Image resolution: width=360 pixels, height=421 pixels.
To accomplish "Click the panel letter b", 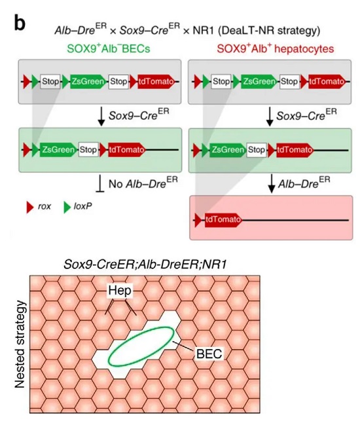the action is point(20,24).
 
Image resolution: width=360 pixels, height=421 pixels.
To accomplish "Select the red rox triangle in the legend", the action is point(30,207).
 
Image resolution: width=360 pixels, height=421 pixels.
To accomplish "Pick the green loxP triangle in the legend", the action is point(67,207).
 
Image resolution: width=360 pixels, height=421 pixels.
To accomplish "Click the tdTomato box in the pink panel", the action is point(223,220).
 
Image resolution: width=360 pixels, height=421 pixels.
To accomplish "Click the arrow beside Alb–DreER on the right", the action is point(272,183).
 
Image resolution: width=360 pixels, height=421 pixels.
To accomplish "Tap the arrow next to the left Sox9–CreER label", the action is point(101,117).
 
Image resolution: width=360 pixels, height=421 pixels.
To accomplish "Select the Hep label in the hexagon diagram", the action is point(120,291).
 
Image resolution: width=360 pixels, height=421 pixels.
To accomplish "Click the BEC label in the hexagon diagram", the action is point(209,354).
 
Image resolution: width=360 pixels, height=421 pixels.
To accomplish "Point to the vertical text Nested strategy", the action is point(20,344).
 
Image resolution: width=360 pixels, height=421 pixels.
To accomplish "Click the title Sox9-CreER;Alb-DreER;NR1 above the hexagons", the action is point(145,265).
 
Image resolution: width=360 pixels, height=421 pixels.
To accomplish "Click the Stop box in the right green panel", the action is point(257,149).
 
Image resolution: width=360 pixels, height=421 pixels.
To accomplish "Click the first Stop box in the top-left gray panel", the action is point(50,81).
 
